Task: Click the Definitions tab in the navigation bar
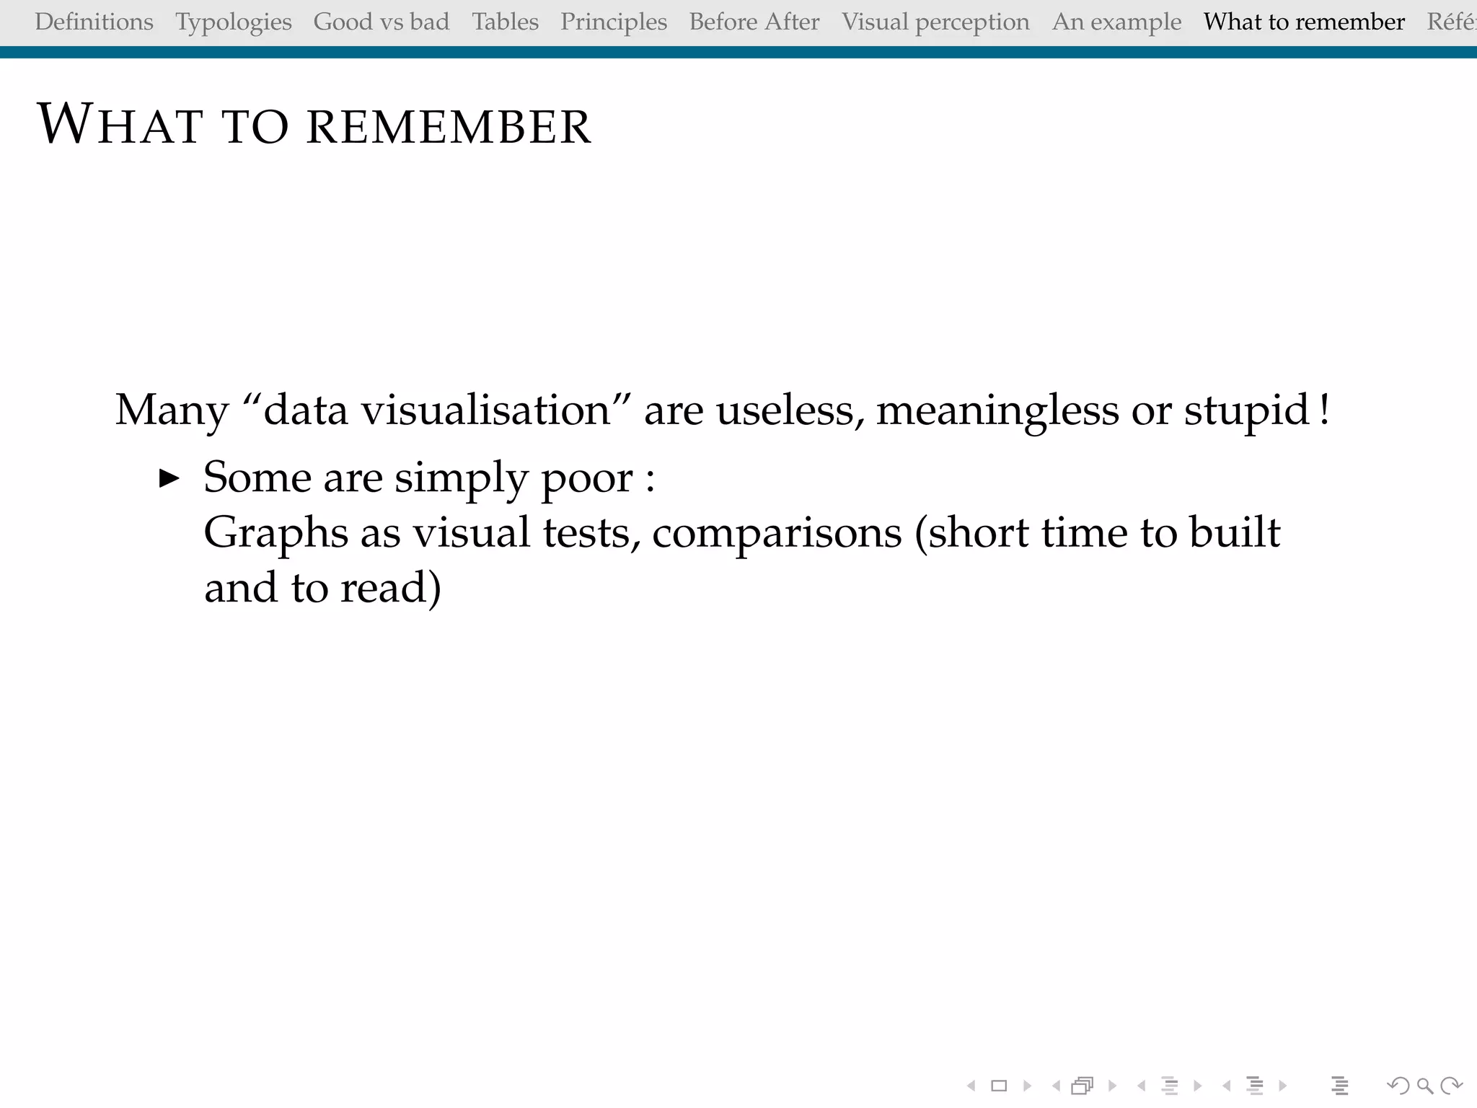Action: tap(94, 22)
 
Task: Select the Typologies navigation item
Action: tap(234, 22)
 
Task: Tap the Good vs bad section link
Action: tap(382, 22)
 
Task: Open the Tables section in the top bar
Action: tap(505, 22)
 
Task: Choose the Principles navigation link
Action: tap(614, 22)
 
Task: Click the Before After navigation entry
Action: tap(754, 22)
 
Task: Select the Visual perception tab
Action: tap(935, 22)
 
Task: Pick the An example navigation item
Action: tap(1116, 22)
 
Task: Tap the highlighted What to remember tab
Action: tap(1304, 22)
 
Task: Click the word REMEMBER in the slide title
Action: tap(449, 127)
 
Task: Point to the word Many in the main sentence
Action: tap(172, 410)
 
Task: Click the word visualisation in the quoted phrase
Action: tap(486, 410)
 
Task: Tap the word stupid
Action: tap(1246, 410)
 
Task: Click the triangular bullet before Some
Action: tap(169, 478)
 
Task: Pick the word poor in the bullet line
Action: tap(586, 478)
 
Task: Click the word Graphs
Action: tap(276, 534)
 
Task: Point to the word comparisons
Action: tap(777, 534)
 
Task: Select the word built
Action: tap(1234, 532)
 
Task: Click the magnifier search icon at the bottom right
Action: tap(1424, 1086)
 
